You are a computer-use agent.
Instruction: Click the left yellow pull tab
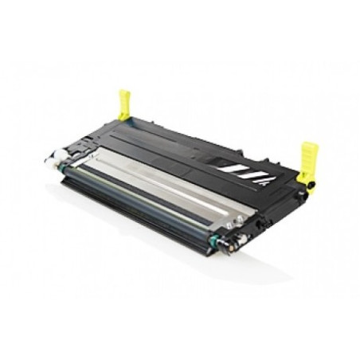tap(124, 104)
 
